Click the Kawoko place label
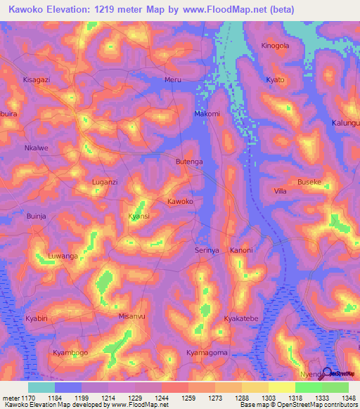[180, 202]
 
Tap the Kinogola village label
[275, 46]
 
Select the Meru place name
[172, 80]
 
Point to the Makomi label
[207, 114]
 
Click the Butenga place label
[189, 162]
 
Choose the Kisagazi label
[37, 80]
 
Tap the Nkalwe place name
[36, 148]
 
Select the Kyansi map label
[139, 216]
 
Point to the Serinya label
[207, 250]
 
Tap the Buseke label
[309, 182]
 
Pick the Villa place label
[280, 191]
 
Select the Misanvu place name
[132, 316]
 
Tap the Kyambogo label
[71, 352]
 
